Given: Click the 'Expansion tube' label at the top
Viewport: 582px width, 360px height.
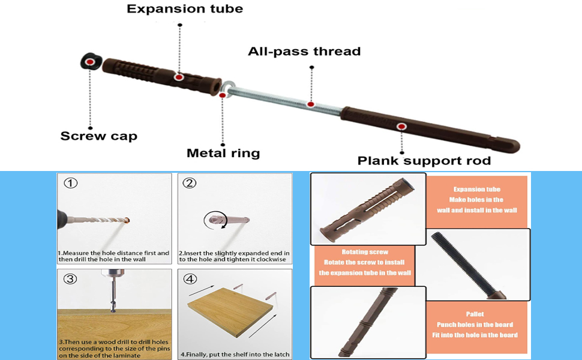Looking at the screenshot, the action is [185, 9].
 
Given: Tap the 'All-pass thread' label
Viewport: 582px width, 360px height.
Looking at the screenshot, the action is [304, 52].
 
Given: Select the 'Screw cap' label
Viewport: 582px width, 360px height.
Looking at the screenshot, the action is [98, 136].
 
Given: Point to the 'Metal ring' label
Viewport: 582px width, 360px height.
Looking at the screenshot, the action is [223, 153].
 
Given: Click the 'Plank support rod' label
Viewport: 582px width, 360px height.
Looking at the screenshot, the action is [424, 160].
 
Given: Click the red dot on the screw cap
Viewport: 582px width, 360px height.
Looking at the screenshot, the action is [89, 61].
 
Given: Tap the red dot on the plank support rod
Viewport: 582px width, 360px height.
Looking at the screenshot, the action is [401, 127].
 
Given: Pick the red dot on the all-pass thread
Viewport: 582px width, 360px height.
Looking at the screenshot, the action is [311, 104].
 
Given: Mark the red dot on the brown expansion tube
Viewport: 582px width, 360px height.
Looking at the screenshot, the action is [178, 77].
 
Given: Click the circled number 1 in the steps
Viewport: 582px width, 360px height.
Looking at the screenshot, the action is [71, 183].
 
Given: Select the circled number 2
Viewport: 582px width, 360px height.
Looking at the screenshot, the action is [190, 183].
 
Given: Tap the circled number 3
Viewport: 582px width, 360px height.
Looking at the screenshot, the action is [71, 278].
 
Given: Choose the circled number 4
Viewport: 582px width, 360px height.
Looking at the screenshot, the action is [190, 278].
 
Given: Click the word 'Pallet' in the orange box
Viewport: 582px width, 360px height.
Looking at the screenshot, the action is [475, 314].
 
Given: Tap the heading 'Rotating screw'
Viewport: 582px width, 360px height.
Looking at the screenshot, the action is [365, 252].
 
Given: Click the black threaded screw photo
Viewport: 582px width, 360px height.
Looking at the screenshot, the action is [474, 264].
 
